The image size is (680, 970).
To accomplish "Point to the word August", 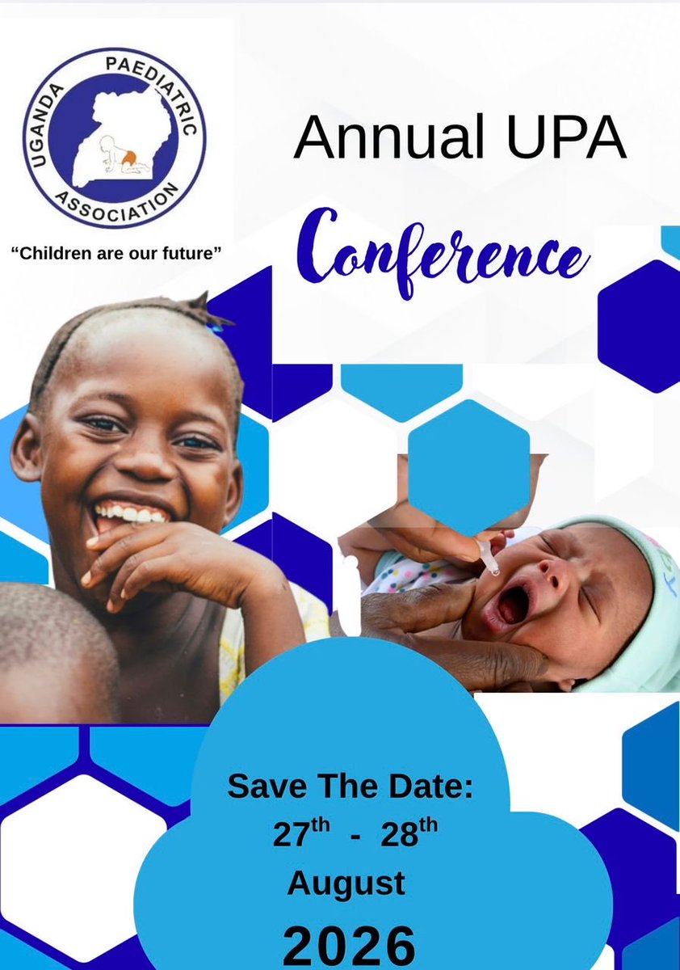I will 346,884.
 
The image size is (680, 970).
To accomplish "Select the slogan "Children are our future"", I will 115,253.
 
